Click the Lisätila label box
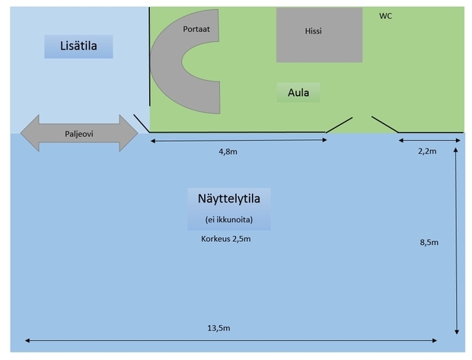(x=78, y=47)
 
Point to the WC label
(x=386, y=15)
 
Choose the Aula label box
(x=298, y=93)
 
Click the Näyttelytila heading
(x=228, y=199)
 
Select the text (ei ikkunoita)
(x=228, y=220)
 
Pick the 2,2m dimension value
(x=427, y=151)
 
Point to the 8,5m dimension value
(x=429, y=242)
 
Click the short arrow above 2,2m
(x=429, y=140)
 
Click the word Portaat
(x=196, y=29)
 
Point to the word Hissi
(x=313, y=32)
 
